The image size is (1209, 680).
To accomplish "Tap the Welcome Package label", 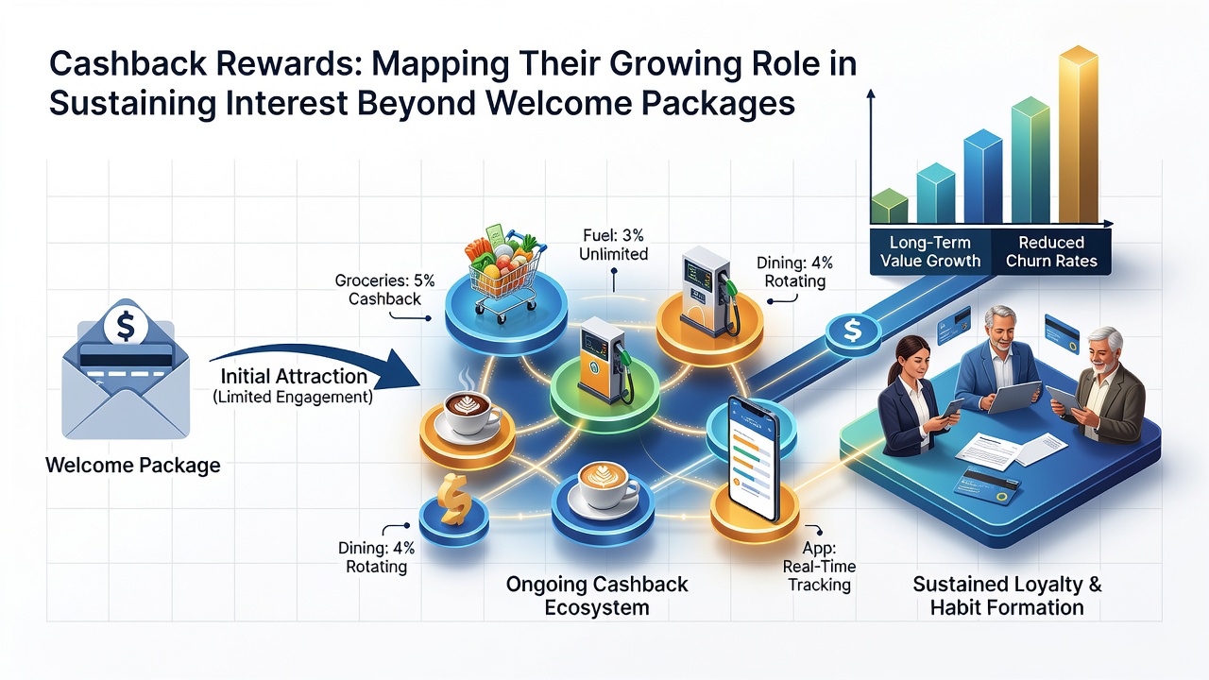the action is (133, 466).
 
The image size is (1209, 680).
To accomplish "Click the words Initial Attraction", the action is (294, 376).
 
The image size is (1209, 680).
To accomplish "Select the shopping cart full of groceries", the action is (504, 273).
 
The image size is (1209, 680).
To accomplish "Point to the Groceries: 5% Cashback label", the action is (384, 289).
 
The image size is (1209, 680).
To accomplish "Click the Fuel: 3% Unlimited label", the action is (613, 245).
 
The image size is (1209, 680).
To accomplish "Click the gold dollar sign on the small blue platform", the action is (454, 500).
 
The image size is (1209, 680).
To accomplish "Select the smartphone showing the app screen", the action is (754, 458).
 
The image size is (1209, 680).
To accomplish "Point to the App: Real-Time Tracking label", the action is (819, 566).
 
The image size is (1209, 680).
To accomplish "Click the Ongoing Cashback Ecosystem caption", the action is (596, 596).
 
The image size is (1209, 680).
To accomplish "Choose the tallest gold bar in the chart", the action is (1078, 135).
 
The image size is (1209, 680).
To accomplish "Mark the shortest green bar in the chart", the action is (889, 206).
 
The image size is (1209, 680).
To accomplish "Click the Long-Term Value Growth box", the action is (930, 252).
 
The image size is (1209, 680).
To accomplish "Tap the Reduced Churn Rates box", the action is (1051, 252).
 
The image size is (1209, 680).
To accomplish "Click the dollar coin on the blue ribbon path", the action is (852, 331).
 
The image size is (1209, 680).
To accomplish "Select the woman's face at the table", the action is (911, 360).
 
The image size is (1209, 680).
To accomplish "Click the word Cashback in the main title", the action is (128, 63).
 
